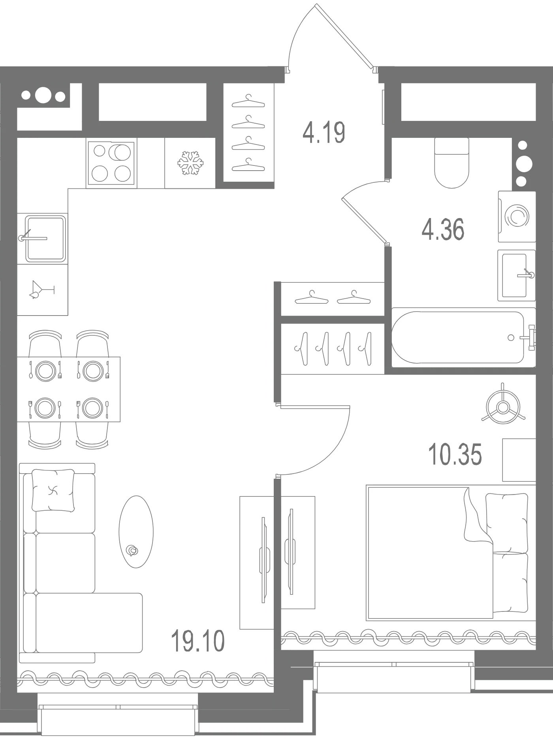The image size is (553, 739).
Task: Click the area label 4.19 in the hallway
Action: (324, 133)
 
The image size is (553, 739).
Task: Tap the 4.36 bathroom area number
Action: (443, 230)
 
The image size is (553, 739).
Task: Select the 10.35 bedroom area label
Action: (455, 454)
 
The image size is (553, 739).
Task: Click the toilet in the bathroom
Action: (451, 162)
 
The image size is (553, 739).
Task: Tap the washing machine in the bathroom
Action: (517, 216)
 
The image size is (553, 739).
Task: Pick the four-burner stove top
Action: (111, 163)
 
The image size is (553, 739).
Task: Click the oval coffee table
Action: (136, 532)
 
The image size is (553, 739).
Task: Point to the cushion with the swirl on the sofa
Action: (53, 491)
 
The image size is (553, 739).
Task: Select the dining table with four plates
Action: (69, 389)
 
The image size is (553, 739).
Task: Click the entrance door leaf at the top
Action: (345, 38)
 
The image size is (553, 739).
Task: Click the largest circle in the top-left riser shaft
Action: (43, 95)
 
